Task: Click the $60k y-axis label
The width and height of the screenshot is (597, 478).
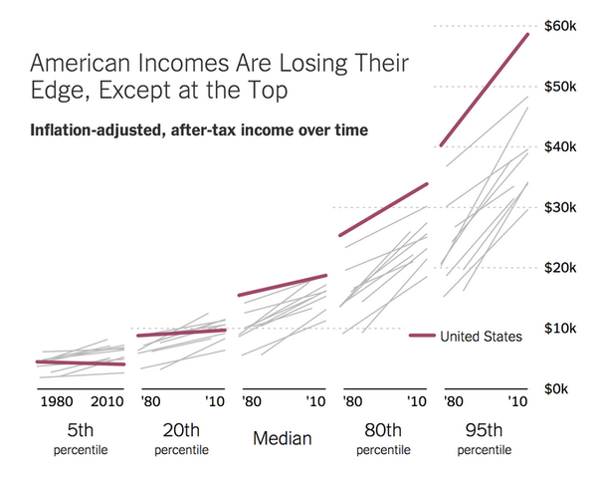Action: tap(560, 26)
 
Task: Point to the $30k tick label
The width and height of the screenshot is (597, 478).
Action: tap(560, 207)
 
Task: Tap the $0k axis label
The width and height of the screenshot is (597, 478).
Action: tap(556, 388)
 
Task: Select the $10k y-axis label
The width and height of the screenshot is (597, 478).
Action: tap(560, 329)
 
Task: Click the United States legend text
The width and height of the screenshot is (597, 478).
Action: tap(481, 337)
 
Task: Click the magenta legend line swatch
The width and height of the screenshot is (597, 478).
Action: tap(422, 336)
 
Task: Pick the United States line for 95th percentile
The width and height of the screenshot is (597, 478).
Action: tap(485, 90)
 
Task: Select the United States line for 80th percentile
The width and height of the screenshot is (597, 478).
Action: tap(383, 210)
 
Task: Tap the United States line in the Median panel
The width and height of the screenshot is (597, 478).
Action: tap(283, 285)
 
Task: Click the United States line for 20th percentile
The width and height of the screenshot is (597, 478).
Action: tap(181, 333)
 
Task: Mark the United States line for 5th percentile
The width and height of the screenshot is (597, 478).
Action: tap(81, 362)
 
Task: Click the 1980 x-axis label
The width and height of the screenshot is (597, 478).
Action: tap(57, 401)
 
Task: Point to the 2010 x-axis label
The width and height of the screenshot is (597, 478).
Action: tap(107, 401)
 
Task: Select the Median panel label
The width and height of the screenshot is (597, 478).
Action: tap(283, 438)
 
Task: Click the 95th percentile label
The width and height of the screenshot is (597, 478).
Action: tap(485, 438)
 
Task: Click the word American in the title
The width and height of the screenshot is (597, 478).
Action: tap(81, 63)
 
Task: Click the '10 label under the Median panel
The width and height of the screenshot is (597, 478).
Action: tap(316, 401)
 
